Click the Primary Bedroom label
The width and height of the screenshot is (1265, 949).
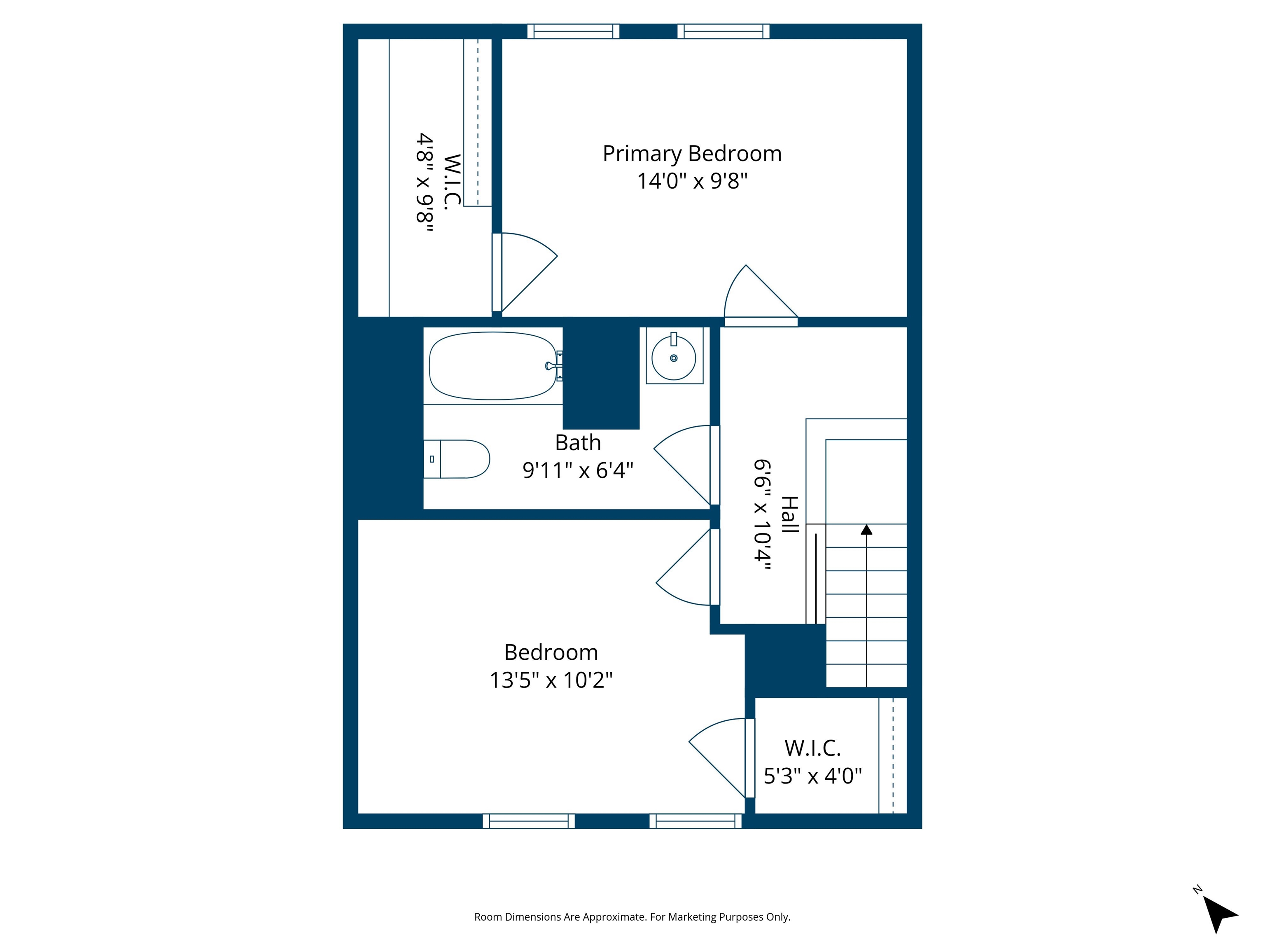tap(692, 154)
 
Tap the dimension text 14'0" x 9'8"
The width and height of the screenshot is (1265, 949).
tap(692, 181)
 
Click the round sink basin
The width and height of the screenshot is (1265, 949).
tap(674, 358)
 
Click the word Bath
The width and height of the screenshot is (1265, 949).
tap(578, 443)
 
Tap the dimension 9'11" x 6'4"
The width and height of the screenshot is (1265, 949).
tap(578, 470)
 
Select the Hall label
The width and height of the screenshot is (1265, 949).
tap(789, 515)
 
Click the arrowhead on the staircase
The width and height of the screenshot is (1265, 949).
tap(866, 530)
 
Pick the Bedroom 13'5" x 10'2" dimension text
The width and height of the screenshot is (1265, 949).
tap(551, 680)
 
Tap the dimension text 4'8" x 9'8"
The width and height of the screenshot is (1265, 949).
tap(424, 182)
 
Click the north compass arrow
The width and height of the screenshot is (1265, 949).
tap(1218, 913)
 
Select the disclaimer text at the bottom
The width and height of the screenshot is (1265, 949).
tap(632, 917)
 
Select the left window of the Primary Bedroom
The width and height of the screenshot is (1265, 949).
tap(573, 31)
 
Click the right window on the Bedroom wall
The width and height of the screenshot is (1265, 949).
tap(696, 821)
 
